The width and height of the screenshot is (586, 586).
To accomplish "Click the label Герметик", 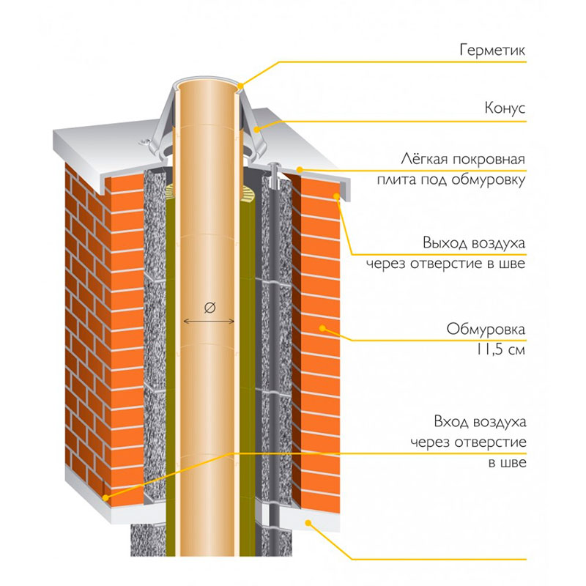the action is pyautogui.click(x=492, y=50).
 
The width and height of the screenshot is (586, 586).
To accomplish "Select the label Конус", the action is pyautogui.click(x=505, y=108).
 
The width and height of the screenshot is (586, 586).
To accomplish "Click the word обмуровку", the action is pyautogui.click(x=488, y=179).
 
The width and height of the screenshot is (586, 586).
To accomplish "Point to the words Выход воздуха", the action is pyautogui.click(x=474, y=243).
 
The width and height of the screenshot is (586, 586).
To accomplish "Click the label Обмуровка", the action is pyautogui.click(x=486, y=329).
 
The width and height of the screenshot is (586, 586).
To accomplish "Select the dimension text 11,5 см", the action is pyautogui.click(x=500, y=350).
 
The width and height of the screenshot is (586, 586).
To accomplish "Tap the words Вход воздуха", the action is pyautogui.click(x=480, y=422).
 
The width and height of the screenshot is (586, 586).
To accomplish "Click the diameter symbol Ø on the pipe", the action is pyautogui.click(x=210, y=308).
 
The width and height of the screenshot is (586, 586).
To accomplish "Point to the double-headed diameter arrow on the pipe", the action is pyautogui.click(x=209, y=321).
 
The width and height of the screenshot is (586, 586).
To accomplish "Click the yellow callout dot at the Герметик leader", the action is pyautogui.click(x=240, y=86).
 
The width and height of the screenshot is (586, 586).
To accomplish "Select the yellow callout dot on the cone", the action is pyautogui.click(x=257, y=130).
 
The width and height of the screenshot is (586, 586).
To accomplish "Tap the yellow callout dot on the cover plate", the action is pyautogui.click(x=300, y=170).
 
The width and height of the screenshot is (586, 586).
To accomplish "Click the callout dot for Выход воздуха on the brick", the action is pyautogui.click(x=337, y=196).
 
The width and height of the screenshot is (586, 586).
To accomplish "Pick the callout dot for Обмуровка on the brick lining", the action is pyautogui.click(x=322, y=328).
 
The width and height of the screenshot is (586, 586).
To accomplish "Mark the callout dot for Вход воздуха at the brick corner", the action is pyautogui.click(x=105, y=498).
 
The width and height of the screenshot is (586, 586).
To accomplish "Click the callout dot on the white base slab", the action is pyautogui.click(x=308, y=523).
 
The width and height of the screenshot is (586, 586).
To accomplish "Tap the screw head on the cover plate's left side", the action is pyautogui.click(x=144, y=142).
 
